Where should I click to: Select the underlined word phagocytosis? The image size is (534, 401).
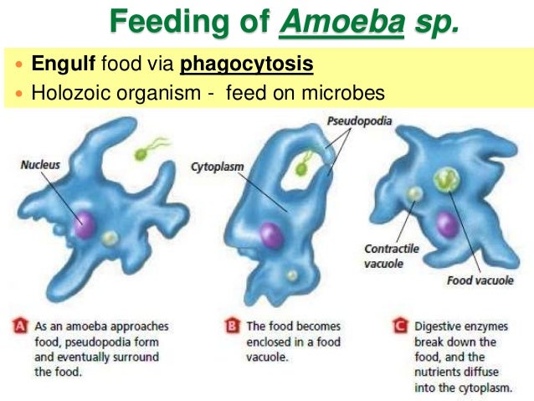tap(247, 64)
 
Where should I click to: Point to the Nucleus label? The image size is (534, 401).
tap(39, 166)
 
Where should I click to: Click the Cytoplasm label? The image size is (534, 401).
tap(217, 167)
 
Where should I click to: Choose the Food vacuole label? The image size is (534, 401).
tap(480, 281)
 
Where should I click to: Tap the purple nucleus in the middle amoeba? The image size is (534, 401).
tap(270, 235)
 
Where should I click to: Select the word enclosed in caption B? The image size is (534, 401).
tap(275, 342)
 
